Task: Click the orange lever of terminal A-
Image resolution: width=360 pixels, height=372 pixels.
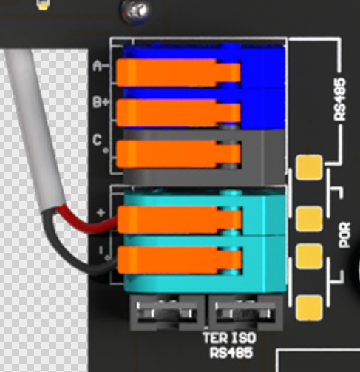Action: tap(178, 72)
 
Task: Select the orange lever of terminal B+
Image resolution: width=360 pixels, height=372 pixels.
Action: tap(178, 113)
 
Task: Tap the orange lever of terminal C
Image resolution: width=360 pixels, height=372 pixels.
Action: tap(178, 154)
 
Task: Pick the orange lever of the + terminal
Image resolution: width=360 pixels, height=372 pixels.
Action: tap(180, 220)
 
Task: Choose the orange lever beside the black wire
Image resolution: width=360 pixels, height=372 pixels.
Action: tap(180, 260)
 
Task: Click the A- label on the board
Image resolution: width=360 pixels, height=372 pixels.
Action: tap(101, 66)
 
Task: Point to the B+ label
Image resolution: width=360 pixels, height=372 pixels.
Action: tap(101, 102)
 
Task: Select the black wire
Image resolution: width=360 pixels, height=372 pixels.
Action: tap(74, 261)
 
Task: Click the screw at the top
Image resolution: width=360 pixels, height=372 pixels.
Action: tap(135, 10)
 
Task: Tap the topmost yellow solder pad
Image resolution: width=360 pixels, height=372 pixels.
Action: tap(309, 167)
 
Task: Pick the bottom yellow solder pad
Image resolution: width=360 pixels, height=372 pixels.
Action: tap(309, 308)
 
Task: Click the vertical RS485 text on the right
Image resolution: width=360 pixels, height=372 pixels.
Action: tap(340, 99)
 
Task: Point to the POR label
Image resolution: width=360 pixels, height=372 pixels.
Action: tap(344, 235)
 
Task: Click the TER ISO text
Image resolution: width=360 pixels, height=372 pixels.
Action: tap(229, 338)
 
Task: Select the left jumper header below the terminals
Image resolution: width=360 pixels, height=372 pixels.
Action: tap(167, 313)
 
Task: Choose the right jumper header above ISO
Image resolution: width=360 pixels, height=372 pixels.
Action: tap(245, 313)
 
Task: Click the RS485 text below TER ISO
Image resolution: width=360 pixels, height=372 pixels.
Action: tap(231, 353)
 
